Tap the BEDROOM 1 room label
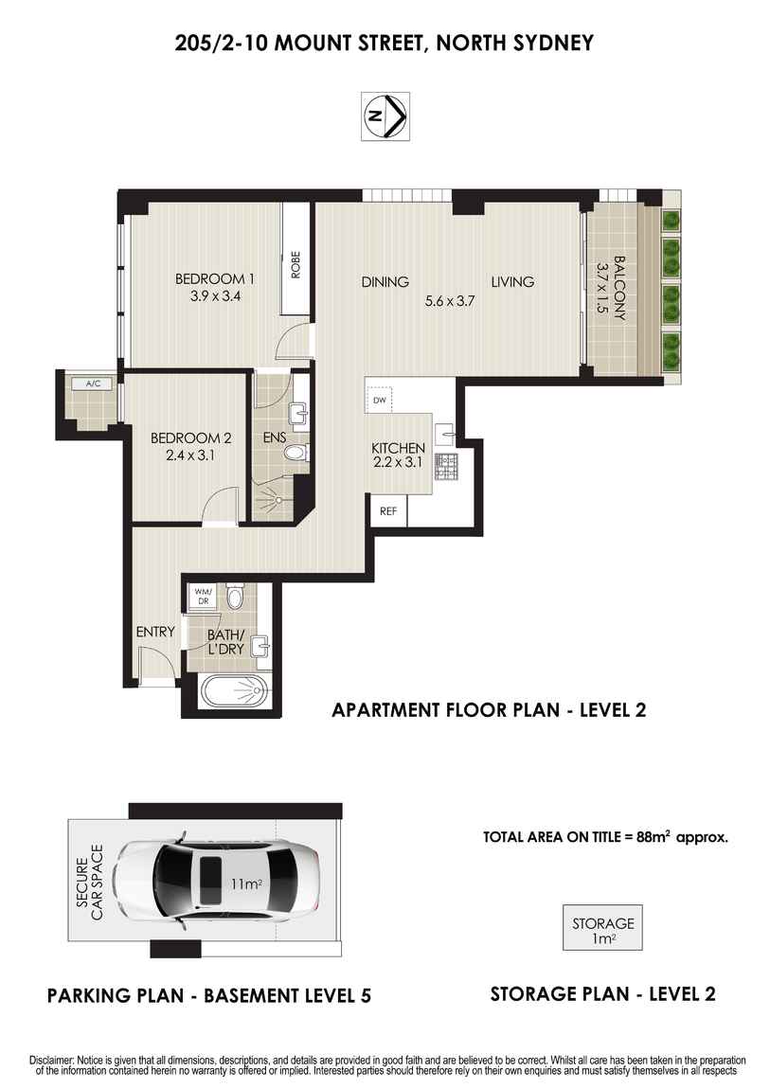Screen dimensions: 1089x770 (215, 279)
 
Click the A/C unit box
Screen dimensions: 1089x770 (93, 384)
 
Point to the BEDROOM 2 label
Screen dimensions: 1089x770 (190, 438)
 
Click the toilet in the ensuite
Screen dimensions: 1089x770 (296, 455)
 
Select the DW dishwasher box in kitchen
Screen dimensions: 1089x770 (380, 400)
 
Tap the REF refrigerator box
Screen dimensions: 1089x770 (388, 511)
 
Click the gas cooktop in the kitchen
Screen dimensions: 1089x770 (445, 465)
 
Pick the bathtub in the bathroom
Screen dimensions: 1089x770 (230, 693)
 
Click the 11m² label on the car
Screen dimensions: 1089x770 (246, 884)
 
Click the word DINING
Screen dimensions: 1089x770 (385, 281)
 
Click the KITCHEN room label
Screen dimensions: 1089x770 (398, 448)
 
